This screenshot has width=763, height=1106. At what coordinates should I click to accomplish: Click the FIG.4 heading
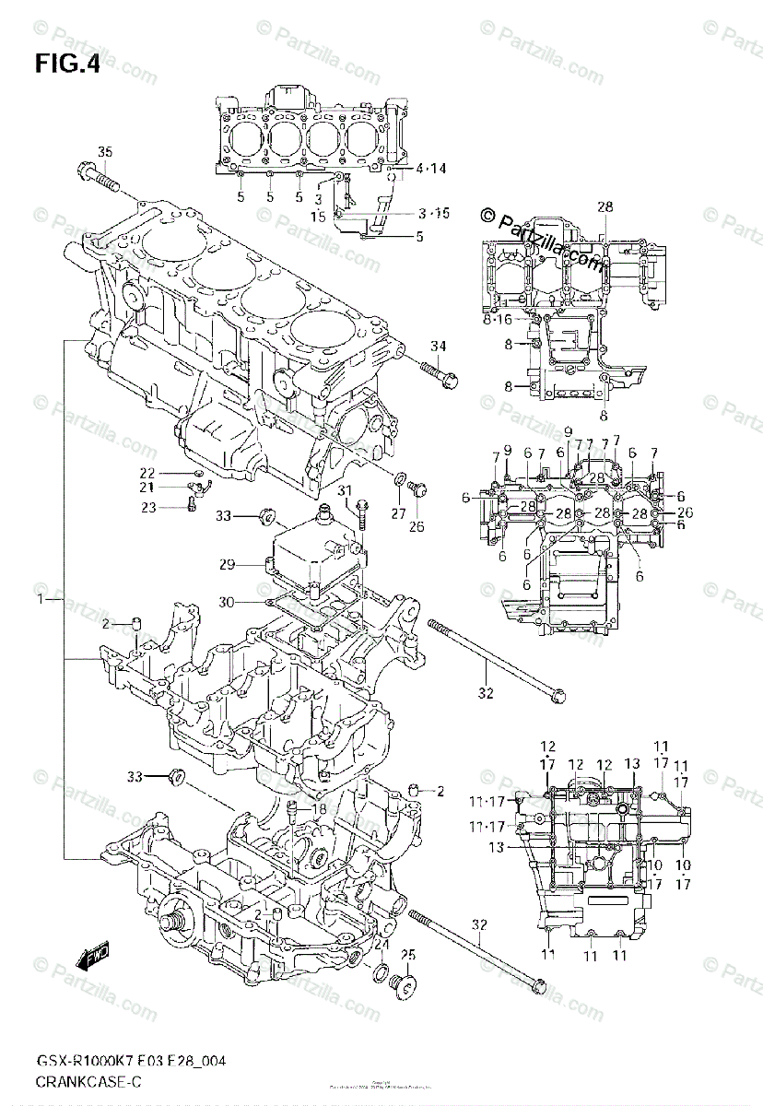click(x=67, y=65)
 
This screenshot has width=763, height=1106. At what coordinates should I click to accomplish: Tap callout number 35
click(x=104, y=151)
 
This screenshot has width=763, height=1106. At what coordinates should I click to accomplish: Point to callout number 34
click(x=438, y=346)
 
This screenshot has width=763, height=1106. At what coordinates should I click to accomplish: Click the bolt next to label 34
click(x=440, y=372)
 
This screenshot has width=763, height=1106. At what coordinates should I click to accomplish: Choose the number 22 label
click(x=147, y=473)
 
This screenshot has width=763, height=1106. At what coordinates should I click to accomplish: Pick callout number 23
click(x=147, y=506)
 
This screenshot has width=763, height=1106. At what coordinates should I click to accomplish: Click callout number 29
click(x=227, y=564)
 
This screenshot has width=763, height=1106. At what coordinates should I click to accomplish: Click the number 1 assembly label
click(x=41, y=600)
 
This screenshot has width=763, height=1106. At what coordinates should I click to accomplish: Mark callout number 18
click(x=319, y=809)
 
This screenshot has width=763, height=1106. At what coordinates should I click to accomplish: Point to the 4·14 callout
click(x=430, y=169)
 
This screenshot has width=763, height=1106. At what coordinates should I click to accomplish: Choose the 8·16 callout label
click(x=497, y=319)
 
